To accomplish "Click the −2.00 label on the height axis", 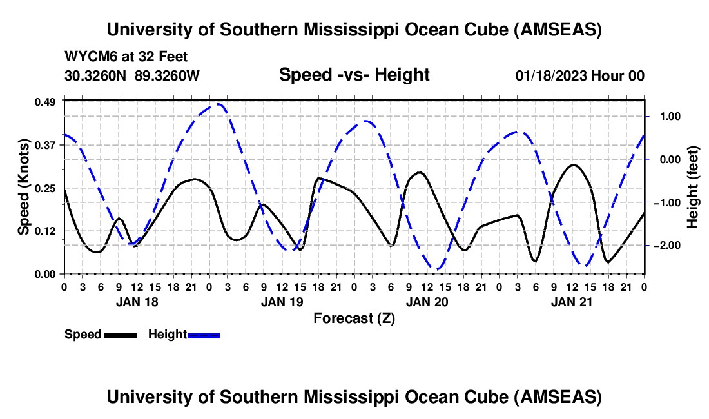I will tap(663, 246).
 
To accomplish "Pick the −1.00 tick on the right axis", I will tap(663, 202).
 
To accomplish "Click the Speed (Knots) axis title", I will tap(24, 187).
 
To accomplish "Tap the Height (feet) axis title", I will tap(692, 187).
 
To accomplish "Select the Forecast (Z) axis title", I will tap(354, 318).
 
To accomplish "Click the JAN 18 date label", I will tap(137, 301).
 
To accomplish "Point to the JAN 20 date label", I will tap(427, 301).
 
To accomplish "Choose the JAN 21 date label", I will tap(572, 301).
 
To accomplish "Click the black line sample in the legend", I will tap(120, 335).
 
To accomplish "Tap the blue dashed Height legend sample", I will tap(204, 335).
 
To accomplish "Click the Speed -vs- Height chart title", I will tap(354, 75).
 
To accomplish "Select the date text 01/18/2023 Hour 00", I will tap(580, 76).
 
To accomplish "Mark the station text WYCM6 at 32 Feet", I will tap(126, 57).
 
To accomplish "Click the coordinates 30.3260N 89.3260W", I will tap(132, 76).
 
